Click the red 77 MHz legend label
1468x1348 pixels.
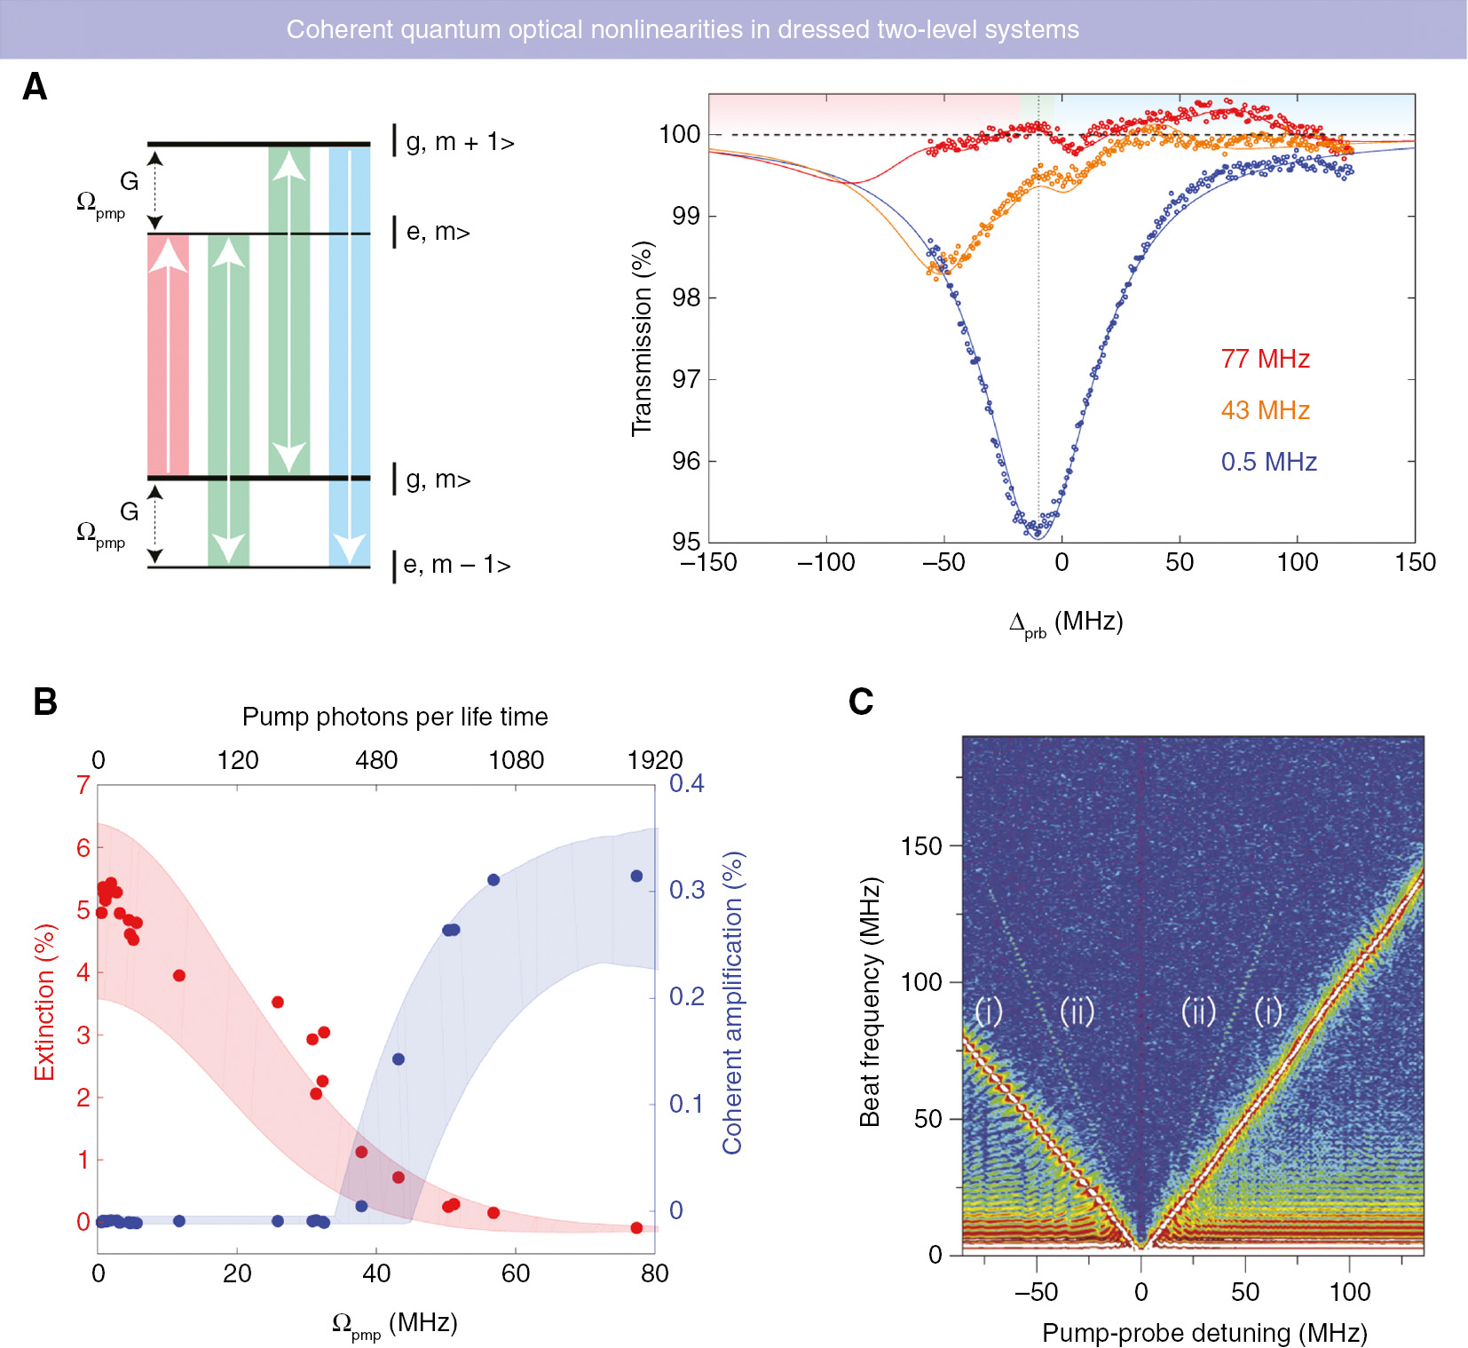(x=1265, y=359)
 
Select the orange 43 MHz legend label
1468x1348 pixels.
(x=1265, y=410)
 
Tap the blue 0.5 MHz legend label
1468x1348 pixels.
(x=1268, y=462)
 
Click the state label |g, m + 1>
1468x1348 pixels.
(x=459, y=142)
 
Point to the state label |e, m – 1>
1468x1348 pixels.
(x=456, y=565)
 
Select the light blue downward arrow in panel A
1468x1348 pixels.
(x=350, y=355)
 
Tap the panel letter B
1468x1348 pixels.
(x=44, y=702)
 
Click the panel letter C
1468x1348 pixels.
(x=860, y=702)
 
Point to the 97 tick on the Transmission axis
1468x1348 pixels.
(x=686, y=379)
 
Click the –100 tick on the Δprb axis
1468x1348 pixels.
(x=825, y=562)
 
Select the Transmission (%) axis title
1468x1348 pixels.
(x=642, y=338)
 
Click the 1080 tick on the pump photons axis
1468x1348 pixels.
(x=517, y=760)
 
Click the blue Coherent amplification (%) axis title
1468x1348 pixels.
(x=732, y=1003)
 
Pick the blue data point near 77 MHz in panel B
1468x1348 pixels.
(x=636, y=876)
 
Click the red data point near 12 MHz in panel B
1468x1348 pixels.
(x=178, y=976)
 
